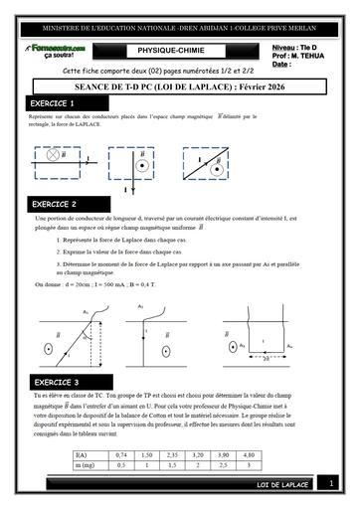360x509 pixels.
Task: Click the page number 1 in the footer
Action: pos(332,483)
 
